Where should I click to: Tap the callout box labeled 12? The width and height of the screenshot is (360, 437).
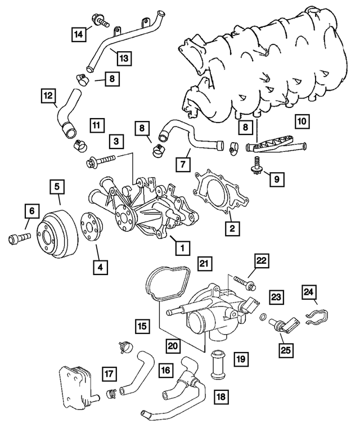[49, 96]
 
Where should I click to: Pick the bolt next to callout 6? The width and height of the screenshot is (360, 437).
[19, 238]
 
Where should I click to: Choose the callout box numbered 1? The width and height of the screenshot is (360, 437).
[181, 246]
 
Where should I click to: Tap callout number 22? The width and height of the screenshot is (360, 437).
[262, 261]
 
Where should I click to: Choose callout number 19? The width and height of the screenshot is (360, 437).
[241, 358]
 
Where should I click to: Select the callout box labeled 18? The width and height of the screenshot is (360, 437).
[222, 397]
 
